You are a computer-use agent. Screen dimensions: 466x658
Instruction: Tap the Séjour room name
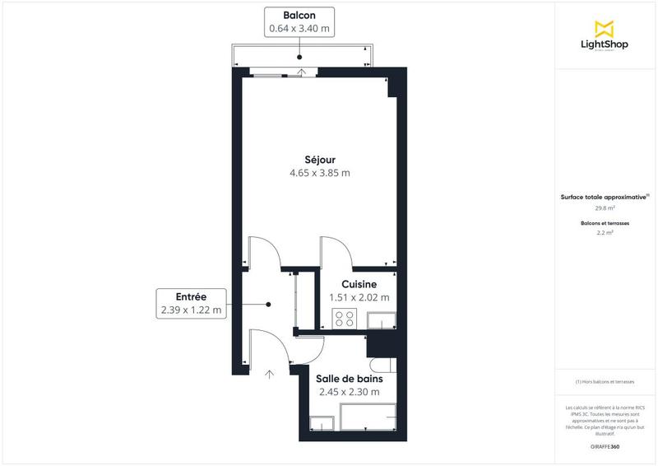(x=320, y=159)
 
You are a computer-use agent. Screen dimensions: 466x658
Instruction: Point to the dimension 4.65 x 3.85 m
(x=320, y=173)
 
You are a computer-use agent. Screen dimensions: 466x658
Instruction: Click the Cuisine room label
(x=359, y=284)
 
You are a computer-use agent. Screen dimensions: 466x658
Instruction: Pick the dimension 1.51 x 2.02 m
(x=359, y=297)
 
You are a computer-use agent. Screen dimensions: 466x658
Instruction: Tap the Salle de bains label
(x=349, y=379)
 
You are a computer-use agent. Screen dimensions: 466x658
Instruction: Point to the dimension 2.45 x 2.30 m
(x=349, y=392)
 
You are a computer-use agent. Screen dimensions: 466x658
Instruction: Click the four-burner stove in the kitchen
(x=344, y=319)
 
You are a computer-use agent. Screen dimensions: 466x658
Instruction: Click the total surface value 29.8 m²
(x=605, y=207)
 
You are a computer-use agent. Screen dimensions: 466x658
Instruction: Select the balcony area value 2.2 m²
(x=605, y=233)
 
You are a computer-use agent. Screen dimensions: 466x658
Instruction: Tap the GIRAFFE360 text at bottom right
(x=605, y=446)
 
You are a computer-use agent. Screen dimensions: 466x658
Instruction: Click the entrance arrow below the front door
(x=271, y=375)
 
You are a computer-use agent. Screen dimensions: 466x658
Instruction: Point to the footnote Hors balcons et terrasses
(x=605, y=381)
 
